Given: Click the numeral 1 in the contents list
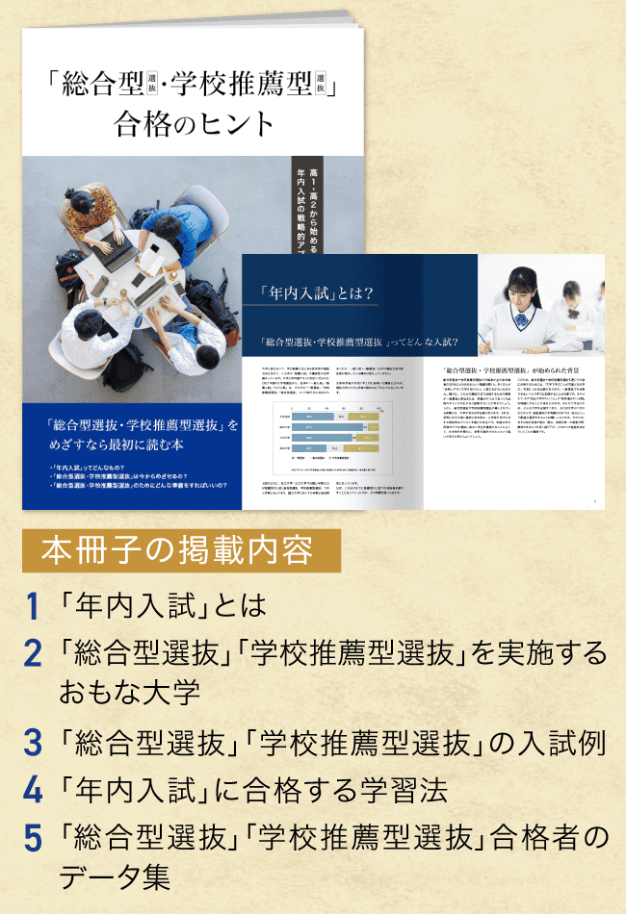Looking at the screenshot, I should [x=32, y=607].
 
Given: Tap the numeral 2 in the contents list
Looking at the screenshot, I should [x=32, y=654].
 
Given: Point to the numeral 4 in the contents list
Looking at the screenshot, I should [x=32, y=791].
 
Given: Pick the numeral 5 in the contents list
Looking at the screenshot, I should [x=32, y=838].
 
